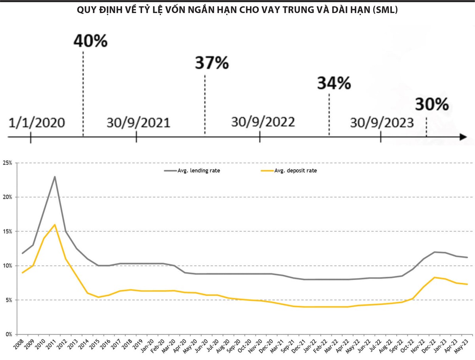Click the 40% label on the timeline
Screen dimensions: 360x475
pyautogui.click(x=91, y=41)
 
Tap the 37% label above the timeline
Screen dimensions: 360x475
pyautogui.click(x=212, y=63)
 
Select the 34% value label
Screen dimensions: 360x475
pyautogui.click(x=334, y=84)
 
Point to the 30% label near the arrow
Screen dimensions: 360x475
pyautogui.click(x=432, y=105)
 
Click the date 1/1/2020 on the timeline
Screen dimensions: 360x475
pyautogui.click(x=36, y=123)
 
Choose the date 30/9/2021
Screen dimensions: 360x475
pyautogui.click(x=138, y=123)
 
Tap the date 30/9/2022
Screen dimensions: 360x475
pyautogui.click(x=263, y=122)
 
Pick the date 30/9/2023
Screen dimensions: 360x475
pyautogui.click(x=382, y=123)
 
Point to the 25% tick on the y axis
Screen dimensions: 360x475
pyautogui.click(x=8, y=163)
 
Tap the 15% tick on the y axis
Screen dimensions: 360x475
pyautogui.click(x=8, y=231)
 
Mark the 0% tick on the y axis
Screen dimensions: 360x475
pyautogui.click(x=9, y=334)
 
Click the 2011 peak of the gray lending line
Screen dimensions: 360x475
pyautogui.click(x=55, y=177)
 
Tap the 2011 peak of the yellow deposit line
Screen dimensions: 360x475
pyautogui.click(x=55, y=225)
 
